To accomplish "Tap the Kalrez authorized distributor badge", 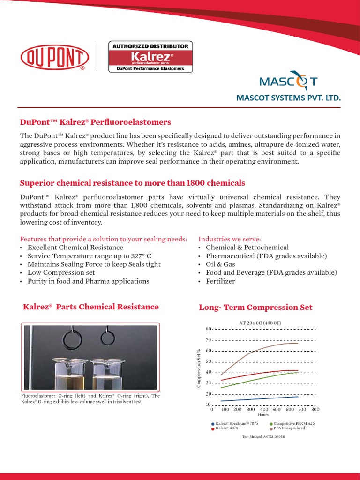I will pyautogui.click(x=150, y=57).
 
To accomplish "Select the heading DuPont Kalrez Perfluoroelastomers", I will pyautogui.click(x=95, y=122).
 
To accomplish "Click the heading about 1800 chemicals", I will pyautogui.click(x=132, y=182).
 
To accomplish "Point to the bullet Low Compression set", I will pyautogui.click(x=61, y=272).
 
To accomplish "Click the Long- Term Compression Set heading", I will pyautogui.click(x=255, y=307).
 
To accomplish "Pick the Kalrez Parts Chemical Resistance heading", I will pyautogui.click(x=91, y=307).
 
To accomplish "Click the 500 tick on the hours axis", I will pyautogui.click(x=276, y=409).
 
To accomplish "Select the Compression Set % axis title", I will pyautogui.click(x=198, y=368).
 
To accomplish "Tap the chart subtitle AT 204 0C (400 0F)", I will pyautogui.click(x=260, y=322).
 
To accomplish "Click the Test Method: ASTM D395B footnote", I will pyautogui.click(x=263, y=436).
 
